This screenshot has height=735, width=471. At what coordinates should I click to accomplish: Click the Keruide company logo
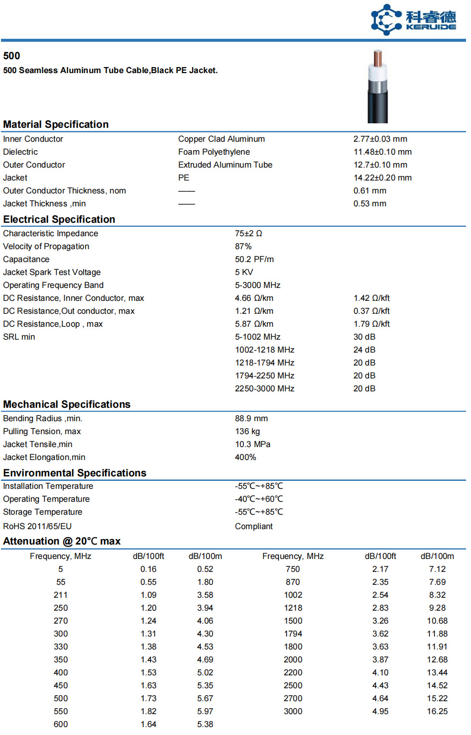[x=413, y=20]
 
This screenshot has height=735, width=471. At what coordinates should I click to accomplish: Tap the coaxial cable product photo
[x=377, y=87]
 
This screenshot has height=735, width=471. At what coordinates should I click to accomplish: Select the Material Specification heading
[x=56, y=124]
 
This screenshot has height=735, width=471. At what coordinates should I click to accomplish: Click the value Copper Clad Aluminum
[x=222, y=139]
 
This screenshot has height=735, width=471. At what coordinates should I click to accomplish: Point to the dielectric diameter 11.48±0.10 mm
[x=382, y=152]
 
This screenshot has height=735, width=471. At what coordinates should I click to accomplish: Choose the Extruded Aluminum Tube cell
[x=225, y=165]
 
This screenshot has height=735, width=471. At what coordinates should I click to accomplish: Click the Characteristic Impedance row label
[x=50, y=234]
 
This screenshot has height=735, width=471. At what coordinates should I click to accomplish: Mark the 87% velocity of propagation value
[x=243, y=247]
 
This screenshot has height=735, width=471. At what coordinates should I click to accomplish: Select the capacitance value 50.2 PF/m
[x=254, y=260]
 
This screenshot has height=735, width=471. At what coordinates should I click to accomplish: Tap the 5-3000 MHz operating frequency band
[x=258, y=285]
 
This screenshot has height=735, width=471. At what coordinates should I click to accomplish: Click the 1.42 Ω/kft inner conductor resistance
[x=371, y=298]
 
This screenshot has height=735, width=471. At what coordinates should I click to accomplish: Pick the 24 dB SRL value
[x=364, y=350]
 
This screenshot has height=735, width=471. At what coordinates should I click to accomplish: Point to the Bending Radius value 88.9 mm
[x=251, y=419]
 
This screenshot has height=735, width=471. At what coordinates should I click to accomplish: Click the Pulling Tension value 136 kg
[x=247, y=432]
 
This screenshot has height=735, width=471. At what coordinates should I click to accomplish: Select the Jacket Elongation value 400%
[x=245, y=458]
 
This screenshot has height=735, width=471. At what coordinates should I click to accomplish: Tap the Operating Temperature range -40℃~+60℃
[x=259, y=499]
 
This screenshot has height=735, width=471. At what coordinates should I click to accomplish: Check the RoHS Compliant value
[x=254, y=527]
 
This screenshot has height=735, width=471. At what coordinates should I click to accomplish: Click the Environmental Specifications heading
[x=75, y=473]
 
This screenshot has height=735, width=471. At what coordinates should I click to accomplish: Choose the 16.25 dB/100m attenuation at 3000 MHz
[x=437, y=712]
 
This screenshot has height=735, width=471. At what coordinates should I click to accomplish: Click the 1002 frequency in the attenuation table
[x=293, y=595]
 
